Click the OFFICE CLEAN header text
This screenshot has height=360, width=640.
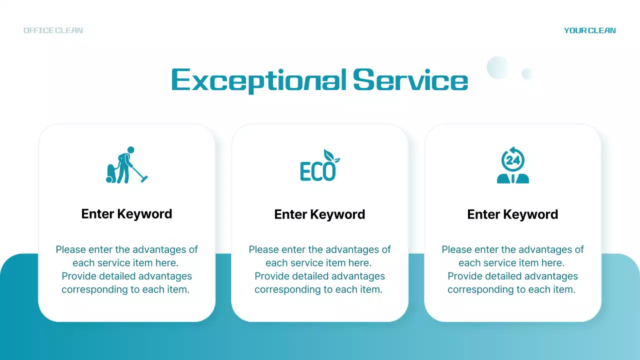(x=53, y=30)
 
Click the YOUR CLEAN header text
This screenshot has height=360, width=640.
(x=589, y=30)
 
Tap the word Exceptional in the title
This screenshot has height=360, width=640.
(x=258, y=80)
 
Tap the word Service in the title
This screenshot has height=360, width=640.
(x=410, y=80)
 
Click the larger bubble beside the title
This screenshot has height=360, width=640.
(x=497, y=67)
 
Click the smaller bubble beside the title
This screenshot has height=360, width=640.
(x=527, y=74)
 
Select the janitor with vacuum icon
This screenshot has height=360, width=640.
(x=126, y=165)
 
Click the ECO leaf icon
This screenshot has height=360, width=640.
(x=319, y=165)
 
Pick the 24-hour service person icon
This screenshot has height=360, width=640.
(x=512, y=165)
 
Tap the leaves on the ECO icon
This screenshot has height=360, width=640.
(x=330, y=156)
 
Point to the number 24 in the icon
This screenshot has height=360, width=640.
(x=513, y=160)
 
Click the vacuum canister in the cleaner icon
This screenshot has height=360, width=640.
(x=111, y=173)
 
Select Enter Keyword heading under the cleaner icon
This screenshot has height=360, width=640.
(x=126, y=214)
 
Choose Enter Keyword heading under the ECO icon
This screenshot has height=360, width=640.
(x=319, y=214)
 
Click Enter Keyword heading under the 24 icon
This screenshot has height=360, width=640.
(x=512, y=214)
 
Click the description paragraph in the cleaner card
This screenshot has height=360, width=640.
(x=126, y=269)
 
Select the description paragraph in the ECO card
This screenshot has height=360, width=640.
(x=319, y=269)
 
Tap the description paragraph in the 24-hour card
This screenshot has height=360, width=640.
(x=512, y=269)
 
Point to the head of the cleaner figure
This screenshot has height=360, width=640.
(x=130, y=149)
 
